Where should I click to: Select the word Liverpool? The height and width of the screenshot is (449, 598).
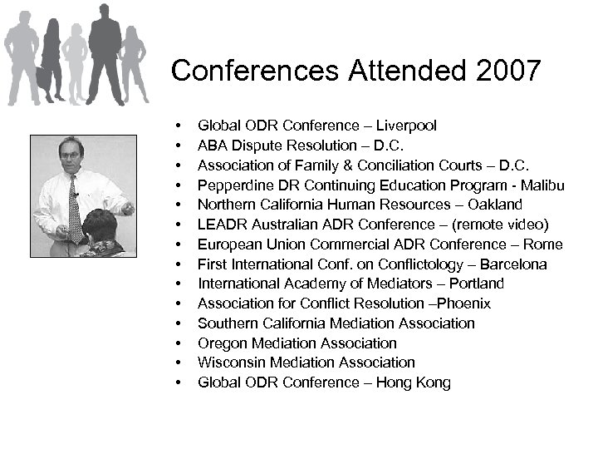point(407,126)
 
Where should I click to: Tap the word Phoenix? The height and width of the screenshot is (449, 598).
point(462,303)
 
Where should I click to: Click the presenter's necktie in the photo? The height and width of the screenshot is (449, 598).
point(75,208)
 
